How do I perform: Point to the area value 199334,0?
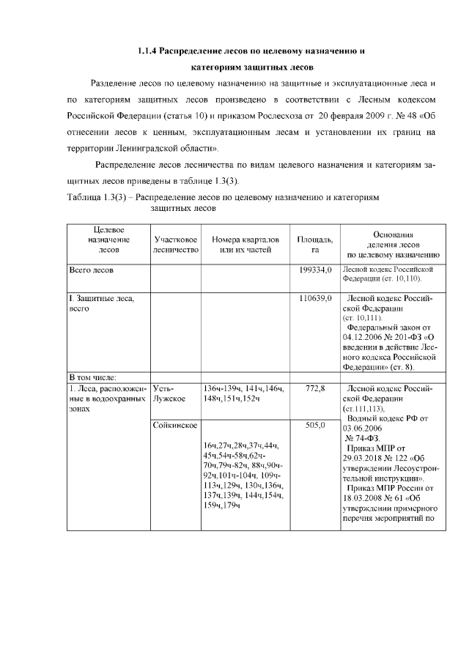pyautogui.click(x=315, y=270)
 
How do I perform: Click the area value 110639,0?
pyautogui.click(x=315, y=299)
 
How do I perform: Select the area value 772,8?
pyautogui.click(x=315, y=388)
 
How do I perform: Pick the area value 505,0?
pyautogui.click(x=315, y=424)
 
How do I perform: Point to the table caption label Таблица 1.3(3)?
pyautogui.click(x=99, y=198)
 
